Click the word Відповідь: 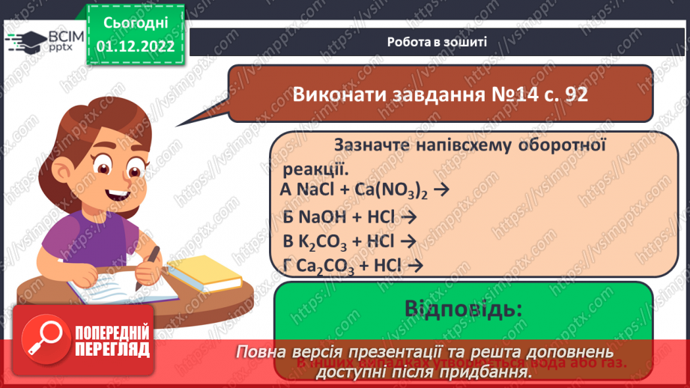pos(463,309)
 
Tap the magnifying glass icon pos(43,340)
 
